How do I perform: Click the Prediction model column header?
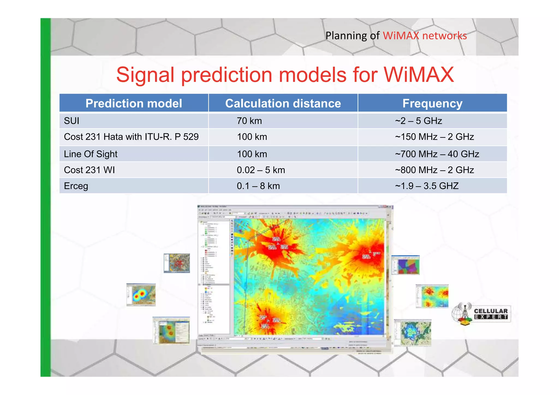[134, 103]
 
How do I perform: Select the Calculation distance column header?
[283, 103]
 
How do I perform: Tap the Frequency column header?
[432, 103]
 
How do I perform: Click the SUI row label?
[72, 121]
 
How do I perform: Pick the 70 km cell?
[249, 121]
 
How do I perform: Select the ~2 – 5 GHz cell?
[418, 121]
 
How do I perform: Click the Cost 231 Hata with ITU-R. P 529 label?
[131, 137]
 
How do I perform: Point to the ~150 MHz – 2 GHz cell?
[434, 137]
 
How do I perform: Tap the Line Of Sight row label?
[91, 154]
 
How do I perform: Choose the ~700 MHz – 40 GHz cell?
[437, 154]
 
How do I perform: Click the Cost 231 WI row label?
[89, 170]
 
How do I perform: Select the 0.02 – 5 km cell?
[261, 170]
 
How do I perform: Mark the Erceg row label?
[76, 186]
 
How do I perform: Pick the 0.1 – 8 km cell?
[258, 186]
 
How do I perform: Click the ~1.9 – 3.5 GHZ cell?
[427, 186]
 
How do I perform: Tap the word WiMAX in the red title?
[419, 75]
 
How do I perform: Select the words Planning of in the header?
[352, 36]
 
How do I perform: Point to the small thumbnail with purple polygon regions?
[406, 265]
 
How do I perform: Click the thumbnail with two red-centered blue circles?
[141, 295]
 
